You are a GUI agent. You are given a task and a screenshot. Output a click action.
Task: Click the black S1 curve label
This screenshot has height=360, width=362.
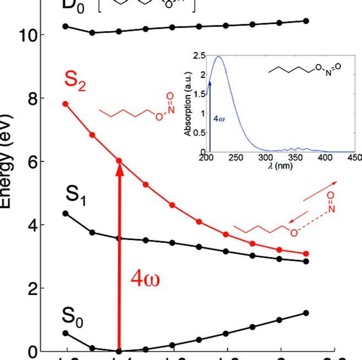click(76, 195)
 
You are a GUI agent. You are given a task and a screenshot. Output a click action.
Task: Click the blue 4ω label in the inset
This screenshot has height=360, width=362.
click(218, 117)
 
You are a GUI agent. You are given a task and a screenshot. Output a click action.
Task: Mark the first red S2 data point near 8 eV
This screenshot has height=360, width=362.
click(65, 104)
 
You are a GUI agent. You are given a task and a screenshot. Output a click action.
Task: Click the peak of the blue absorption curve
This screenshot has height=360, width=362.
click(219, 56)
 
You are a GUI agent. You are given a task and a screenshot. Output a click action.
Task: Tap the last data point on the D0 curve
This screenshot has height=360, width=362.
click(306, 21)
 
